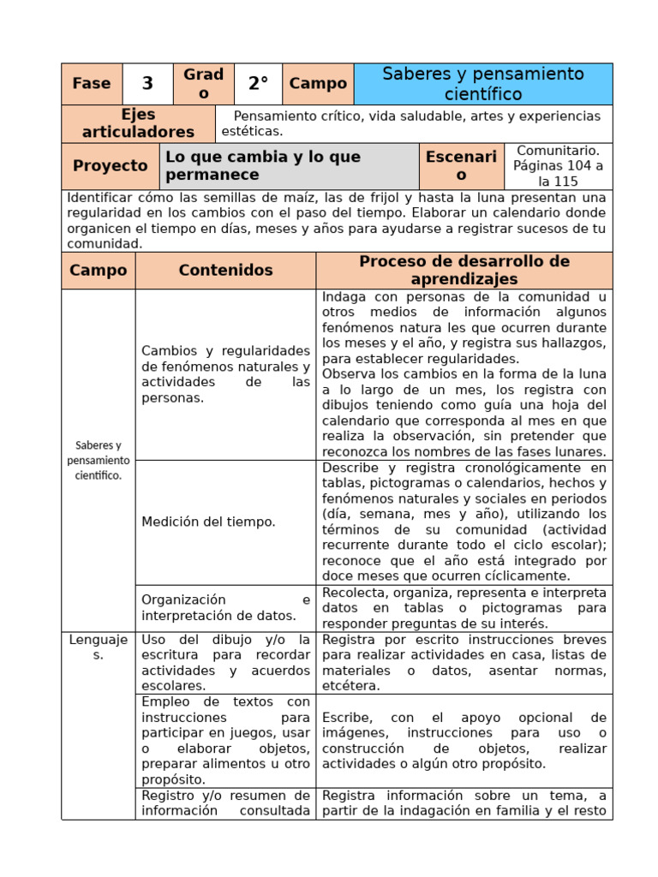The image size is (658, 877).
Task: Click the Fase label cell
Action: pyautogui.click(x=92, y=84)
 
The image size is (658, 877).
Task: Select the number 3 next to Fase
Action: pyautogui.click(x=147, y=84)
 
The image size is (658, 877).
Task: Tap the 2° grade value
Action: pyautogui.click(x=258, y=84)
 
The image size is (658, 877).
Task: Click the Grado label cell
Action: pyautogui.click(x=203, y=84)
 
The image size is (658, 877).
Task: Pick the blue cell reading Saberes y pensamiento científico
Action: pyautogui.click(x=482, y=84)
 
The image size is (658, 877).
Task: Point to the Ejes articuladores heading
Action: pyautogui.click(x=138, y=123)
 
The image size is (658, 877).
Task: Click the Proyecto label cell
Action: pyautogui.click(x=111, y=166)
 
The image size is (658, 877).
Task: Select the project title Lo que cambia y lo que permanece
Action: pyautogui.click(x=289, y=166)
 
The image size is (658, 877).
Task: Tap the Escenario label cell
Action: pyautogui.click(x=461, y=166)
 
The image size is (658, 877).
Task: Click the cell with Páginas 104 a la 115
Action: pyautogui.click(x=559, y=166)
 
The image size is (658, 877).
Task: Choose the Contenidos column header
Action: pyautogui.click(x=225, y=271)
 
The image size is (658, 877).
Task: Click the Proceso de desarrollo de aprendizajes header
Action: pyautogui.click(x=464, y=271)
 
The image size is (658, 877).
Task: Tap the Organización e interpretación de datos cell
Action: pyautogui.click(x=225, y=607)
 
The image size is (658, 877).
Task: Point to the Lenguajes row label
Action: pyautogui.click(x=98, y=647)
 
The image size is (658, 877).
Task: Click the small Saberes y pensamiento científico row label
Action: pyautogui.click(x=98, y=460)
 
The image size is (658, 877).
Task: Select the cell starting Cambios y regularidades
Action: pyautogui.click(x=225, y=374)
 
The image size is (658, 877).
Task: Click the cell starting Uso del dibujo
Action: pyautogui.click(x=225, y=662)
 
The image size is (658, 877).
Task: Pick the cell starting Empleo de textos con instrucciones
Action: pyautogui.click(x=225, y=740)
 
